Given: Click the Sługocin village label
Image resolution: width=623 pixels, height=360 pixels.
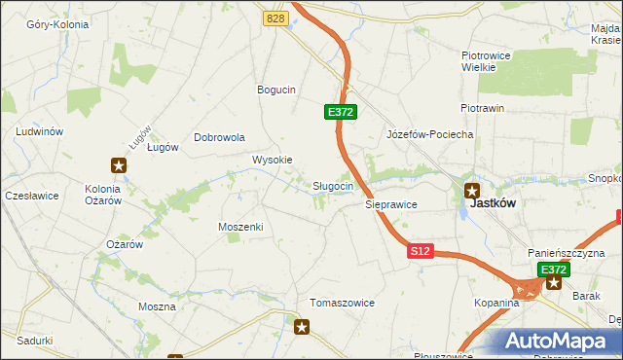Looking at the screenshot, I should pyautogui.click(x=339, y=186).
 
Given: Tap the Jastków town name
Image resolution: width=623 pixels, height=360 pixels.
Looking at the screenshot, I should pyautogui.click(x=493, y=204).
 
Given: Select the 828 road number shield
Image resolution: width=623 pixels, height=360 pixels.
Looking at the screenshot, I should pyautogui.click(x=276, y=18).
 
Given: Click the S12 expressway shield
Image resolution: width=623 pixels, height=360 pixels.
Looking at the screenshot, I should pyautogui.click(x=420, y=251).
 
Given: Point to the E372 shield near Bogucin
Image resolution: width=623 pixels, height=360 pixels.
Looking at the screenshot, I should pyautogui.click(x=341, y=113).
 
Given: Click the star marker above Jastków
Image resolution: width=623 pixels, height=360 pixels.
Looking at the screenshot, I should pyautogui.click(x=472, y=191).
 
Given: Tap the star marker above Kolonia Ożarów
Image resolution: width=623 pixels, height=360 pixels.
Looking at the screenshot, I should pyautogui.click(x=119, y=165).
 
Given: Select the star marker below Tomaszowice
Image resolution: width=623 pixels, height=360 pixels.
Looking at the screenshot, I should pyautogui.click(x=302, y=328).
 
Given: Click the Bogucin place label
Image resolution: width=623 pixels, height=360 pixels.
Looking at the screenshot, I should pyautogui.click(x=275, y=90).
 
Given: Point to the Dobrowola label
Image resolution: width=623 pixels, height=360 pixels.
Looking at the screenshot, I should pyautogui.click(x=219, y=137).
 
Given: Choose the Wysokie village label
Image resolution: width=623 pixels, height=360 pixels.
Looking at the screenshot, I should pyautogui.click(x=272, y=160).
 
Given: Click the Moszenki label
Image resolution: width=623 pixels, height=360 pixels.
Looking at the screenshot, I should pyautogui.click(x=241, y=226).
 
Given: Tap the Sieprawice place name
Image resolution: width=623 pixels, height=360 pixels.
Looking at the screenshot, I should pyautogui.click(x=390, y=205).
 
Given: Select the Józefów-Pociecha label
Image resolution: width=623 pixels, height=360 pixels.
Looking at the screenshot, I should pyautogui.click(x=429, y=134).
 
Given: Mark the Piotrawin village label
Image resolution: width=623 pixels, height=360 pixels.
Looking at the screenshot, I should pyautogui.click(x=482, y=108).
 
